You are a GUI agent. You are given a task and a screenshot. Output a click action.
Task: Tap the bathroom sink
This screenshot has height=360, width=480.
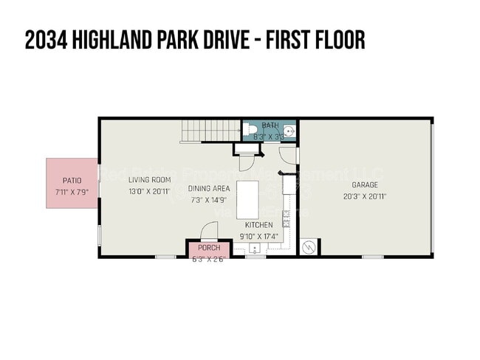tap(292, 134)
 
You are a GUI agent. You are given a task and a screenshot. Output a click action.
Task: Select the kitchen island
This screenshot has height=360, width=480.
tap(247, 197)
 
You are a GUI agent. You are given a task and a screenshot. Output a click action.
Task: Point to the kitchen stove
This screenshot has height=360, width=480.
tap(289, 184)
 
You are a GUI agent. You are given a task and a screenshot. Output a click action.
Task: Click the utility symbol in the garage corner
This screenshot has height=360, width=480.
tap(308, 247)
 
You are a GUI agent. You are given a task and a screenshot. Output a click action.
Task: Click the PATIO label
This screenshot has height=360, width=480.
tap(72, 180)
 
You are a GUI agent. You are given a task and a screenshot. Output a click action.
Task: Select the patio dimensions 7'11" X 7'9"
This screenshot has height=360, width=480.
tap(72, 191)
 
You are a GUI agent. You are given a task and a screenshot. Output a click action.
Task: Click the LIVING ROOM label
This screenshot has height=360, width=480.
tap(150, 180)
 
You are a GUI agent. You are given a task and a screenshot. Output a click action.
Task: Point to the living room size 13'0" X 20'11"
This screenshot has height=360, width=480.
tap(150, 191)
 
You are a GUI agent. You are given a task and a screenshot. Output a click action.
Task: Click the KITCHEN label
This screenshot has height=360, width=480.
tap(258, 225)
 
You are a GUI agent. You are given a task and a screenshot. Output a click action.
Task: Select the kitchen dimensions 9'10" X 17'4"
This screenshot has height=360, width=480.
tap(258, 236)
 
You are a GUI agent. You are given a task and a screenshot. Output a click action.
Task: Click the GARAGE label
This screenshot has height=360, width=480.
tap(365, 185)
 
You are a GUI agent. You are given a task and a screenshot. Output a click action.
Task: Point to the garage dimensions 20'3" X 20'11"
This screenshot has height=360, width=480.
tap(365, 196)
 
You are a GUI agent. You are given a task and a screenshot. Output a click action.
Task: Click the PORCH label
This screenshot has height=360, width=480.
tap(209, 248)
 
